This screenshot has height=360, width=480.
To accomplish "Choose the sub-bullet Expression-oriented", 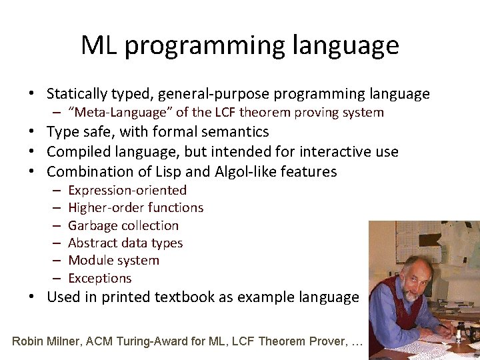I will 127,191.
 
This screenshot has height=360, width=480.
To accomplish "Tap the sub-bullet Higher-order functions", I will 135,208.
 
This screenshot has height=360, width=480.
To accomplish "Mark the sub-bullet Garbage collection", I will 123,226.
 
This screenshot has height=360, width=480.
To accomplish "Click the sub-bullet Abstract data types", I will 125,243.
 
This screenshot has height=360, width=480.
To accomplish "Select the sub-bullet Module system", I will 113,261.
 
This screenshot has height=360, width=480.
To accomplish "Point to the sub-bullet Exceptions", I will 100,279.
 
